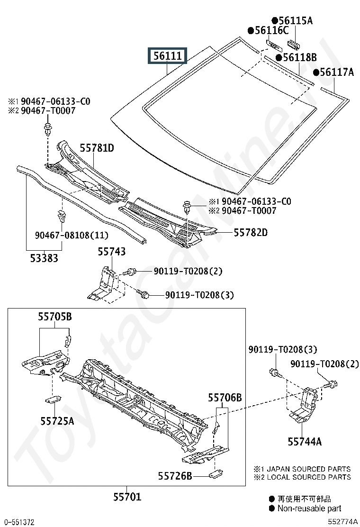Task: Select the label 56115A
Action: pyautogui.click(x=295, y=20)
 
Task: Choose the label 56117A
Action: pyautogui.click(x=337, y=72)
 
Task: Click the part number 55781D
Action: pyautogui.click(x=97, y=148)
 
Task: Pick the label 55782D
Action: pyautogui.click(x=251, y=232)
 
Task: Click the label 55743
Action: pyautogui.click(x=112, y=252)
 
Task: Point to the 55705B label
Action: pyautogui.click(x=55, y=317)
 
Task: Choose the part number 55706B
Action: pyautogui.click(x=225, y=398)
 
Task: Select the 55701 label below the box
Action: pyautogui.click(x=127, y=497)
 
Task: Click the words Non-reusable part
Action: pyautogui.click(x=309, y=509)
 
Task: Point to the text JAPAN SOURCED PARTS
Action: pyautogui.click(x=309, y=469)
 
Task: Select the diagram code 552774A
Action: pyautogui.click(x=342, y=522)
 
